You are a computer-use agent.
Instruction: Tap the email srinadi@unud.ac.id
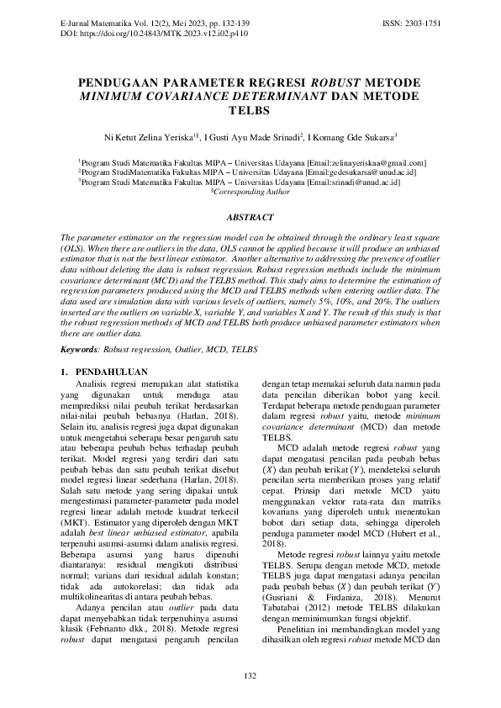point(363,181)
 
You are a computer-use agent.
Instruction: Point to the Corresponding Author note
point(251,191)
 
